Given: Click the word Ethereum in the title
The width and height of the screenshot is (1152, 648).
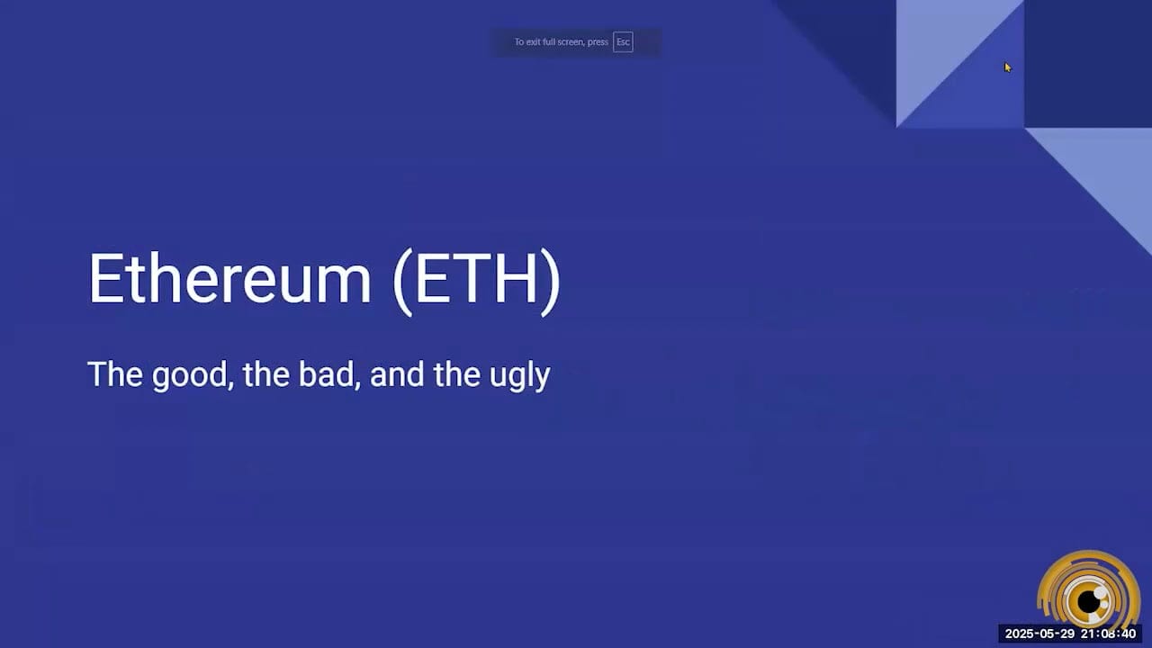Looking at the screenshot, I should pyautogui.click(x=229, y=279).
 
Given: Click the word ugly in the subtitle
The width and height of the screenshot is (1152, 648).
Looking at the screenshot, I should pyautogui.click(x=520, y=376).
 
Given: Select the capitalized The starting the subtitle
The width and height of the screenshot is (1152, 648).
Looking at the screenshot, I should pyautogui.click(x=116, y=374).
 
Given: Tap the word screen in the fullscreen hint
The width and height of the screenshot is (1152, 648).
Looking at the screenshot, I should pyautogui.click(x=572, y=42).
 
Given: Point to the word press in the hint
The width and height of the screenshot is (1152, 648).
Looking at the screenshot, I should pyautogui.click(x=598, y=42).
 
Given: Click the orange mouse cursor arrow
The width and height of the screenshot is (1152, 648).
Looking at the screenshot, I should pyautogui.click(x=1007, y=67).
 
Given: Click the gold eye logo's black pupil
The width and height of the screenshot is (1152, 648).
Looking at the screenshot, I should pyautogui.click(x=1091, y=600).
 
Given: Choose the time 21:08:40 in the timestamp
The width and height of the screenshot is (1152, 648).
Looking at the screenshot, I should pyautogui.click(x=1110, y=634).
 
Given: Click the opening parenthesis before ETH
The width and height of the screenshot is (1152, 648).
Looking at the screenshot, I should pyautogui.click(x=402, y=281).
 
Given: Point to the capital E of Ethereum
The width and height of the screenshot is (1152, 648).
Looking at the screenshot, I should pyautogui.click(x=104, y=279).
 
